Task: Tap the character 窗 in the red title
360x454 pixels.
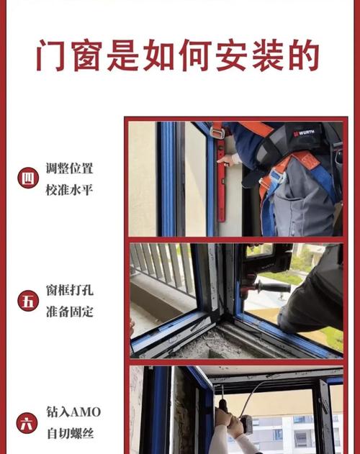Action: (x=91, y=55)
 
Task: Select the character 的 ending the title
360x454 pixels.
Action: (x=303, y=55)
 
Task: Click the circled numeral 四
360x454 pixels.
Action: (x=28, y=178)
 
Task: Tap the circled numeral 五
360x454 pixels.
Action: (x=28, y=301)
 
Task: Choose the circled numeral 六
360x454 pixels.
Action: (x=28, y=423)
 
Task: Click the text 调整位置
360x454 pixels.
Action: (x=70, y=169)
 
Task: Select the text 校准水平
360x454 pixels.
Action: (x=70, y=189)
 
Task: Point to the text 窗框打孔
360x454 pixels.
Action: (x=70, y=291)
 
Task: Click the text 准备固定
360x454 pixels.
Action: (x=70, y=312)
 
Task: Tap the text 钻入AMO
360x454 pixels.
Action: (x=73, y=412)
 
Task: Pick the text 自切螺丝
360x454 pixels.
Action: (x=70, y=434)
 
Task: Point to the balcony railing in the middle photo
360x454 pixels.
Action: (x=162, y=266)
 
